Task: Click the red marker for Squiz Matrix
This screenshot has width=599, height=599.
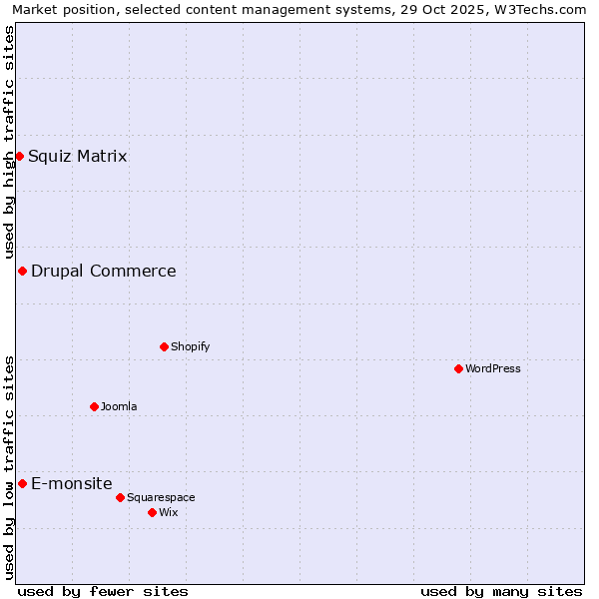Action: [19, 156]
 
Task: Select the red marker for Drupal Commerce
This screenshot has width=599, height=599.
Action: [22, 271]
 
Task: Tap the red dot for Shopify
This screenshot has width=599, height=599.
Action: [164, 346]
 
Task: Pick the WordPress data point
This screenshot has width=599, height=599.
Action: [458, 368]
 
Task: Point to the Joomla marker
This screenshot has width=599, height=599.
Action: [94, 406]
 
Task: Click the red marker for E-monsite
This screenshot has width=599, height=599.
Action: [22, 483]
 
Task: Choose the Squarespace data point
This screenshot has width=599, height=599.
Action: [120, 497]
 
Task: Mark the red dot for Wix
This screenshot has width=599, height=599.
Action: [152, 512]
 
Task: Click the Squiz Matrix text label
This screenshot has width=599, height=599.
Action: [78, 156]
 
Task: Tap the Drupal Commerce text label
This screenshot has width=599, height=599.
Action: [104, 271]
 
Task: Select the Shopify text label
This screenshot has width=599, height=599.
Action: [190, 346]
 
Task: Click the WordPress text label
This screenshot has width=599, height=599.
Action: [493, 368]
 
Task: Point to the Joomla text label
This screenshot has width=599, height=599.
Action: [119, 406]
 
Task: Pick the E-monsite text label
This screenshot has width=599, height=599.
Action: [72, 483]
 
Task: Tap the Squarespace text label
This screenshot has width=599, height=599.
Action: [161, 497]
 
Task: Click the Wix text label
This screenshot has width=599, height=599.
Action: [170, 512]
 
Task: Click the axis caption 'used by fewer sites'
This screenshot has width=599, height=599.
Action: [103, 591]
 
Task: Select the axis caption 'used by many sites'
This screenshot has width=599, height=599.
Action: [501, 591]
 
